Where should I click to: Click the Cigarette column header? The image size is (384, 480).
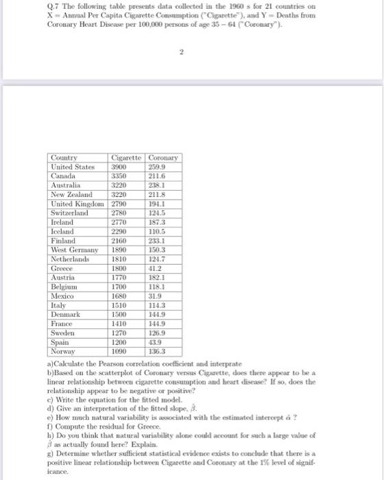pyautogui.click(x=128, y=157)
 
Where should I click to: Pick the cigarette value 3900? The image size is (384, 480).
pyautogui.click(x=119, y=166)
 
